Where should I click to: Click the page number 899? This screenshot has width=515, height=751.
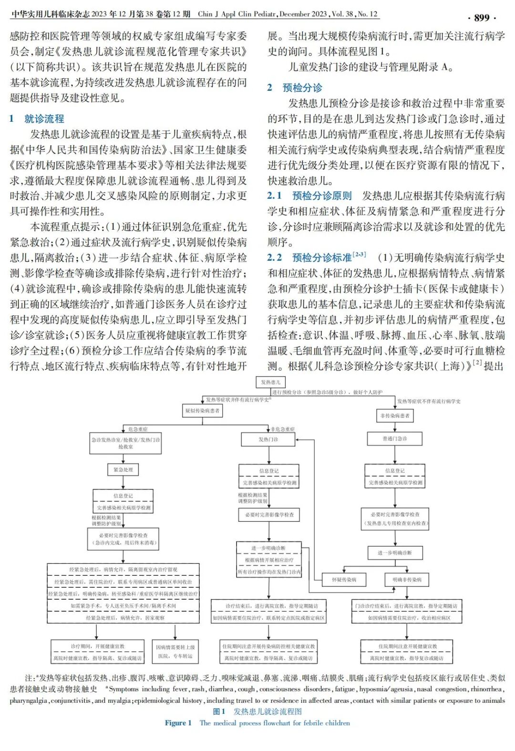click(482, 18)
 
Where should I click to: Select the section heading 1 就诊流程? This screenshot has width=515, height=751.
click(37, 119)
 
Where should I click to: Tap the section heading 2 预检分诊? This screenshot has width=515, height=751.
click(295, 87)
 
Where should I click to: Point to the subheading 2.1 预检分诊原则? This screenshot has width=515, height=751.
click(309, 196)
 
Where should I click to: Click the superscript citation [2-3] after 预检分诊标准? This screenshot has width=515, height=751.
click(359, 255)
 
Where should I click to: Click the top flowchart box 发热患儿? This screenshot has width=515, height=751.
click(270, 382)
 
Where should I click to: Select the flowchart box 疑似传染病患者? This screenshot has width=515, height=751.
click(203, 411)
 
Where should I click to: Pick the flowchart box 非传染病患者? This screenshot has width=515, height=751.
click(395, 416)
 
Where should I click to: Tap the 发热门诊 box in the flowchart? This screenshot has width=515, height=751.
click(268, 439)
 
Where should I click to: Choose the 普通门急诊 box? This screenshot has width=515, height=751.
click(395, 438)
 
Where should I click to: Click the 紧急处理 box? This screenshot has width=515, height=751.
click(123, 470)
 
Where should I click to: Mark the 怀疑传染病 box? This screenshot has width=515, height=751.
click(344, 580)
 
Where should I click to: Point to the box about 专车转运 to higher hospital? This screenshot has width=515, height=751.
click(175, 652)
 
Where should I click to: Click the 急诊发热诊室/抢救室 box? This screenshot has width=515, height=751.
click(125, 443)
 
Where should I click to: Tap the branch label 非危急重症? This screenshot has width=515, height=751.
click(283, 429)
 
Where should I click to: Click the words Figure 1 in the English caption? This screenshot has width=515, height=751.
click(178, 723)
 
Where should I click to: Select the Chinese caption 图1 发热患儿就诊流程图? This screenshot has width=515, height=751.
click(257, 711)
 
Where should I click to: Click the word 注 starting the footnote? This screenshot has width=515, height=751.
click(28, 678)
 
